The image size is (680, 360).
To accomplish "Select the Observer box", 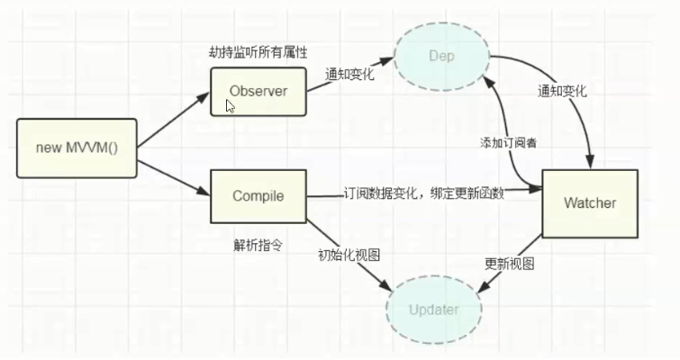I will [x=258, y=91].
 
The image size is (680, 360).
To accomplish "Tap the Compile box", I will [x=258, y=195].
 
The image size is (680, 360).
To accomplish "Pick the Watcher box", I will [x=589, y=203].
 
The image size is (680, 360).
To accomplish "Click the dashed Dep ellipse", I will [x=440, y=56].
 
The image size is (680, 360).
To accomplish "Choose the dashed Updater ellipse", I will [x=434, y=310].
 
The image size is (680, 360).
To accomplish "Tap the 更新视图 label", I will [x=510, y=264].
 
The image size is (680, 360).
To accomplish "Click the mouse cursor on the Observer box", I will [x=230, y=105].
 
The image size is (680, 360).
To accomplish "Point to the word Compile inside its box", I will [x=258, y=196].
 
